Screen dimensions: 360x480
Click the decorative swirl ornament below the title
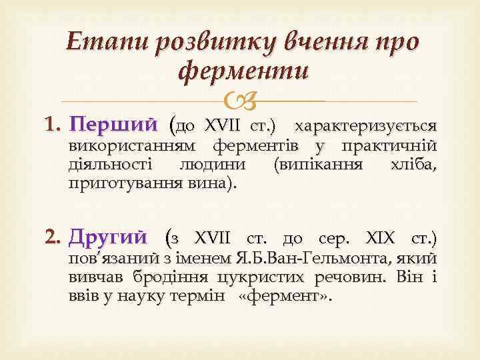pos(240,102)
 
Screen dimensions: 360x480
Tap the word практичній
pos(393,146)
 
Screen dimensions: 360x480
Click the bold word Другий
pos(108,237)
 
